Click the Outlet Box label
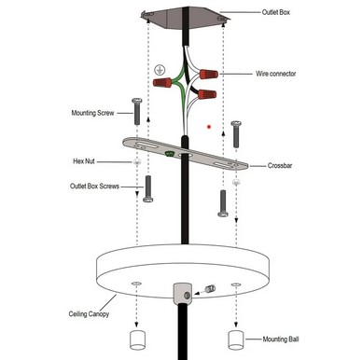pos(276,12)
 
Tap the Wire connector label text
pos(275,74)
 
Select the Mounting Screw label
pos(92,113)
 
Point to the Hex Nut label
pos(84,161)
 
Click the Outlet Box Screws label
pos(94,187)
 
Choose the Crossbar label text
pos(280,166)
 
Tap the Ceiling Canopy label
pos(89,314)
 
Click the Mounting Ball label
pos(281,339)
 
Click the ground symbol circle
pos(160,70)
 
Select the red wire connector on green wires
pos(162,82)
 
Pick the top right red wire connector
pos(209,75)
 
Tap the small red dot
pos(209,127)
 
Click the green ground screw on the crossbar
pos(170,153)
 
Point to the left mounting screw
pos(137,111)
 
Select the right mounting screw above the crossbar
pos(237,134)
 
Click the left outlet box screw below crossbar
pos(148,189)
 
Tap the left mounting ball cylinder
pos(137,340)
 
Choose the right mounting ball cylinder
pos(236,340)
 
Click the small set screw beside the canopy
pos(211,289)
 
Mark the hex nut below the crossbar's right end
pos(236,183)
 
